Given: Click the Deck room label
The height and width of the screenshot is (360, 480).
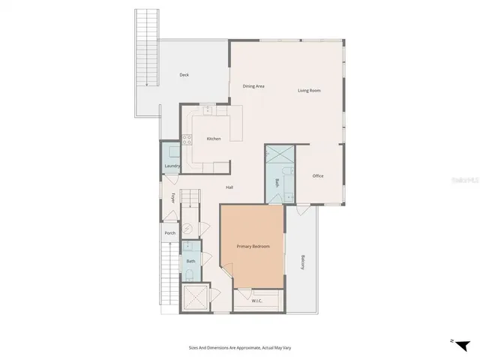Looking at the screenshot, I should pyautogui.click(x=184, y=75).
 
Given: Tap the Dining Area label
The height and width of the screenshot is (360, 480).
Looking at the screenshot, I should pyautogui.click(x=253, y=86).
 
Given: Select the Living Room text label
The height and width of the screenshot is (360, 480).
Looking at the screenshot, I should pyautogui.click(x=309, y=91).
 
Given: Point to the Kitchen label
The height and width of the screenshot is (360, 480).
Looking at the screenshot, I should pyautogui.click(x=214, y=139).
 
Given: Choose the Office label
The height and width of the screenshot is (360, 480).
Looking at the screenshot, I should pyautogui.click(x=318, y=175).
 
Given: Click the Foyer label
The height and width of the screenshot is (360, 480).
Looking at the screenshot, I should pyautogui.click(x=173, y=199).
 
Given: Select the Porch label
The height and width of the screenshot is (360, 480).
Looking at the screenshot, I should pyautogui.click(x=170, y=232).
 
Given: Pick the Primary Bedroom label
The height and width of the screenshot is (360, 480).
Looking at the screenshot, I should pyautogui.click(x=253, y=247).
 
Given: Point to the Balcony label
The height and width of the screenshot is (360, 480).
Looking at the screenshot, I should pyautogui.click(x=302, y=262).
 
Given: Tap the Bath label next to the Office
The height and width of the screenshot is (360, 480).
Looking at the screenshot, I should pyautogui.click(x=277, y=182).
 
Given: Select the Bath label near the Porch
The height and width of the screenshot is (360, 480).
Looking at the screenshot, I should pyautogui.click(x=190, y=261).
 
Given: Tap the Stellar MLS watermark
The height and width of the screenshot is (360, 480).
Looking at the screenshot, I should pyautogui.click(x=460, y=181).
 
